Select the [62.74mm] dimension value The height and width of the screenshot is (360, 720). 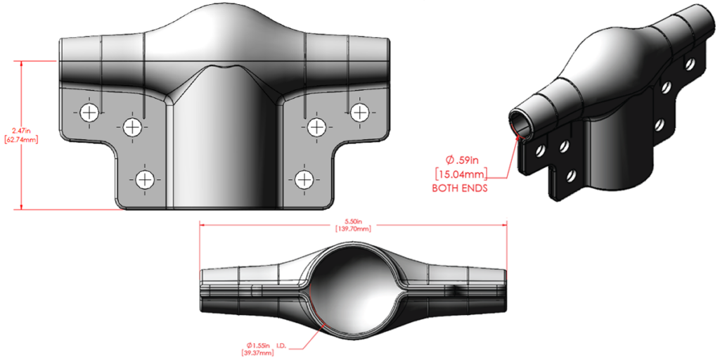point(20,140)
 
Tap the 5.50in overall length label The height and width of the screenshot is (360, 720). point(354,221)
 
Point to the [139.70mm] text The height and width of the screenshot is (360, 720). point(354,229)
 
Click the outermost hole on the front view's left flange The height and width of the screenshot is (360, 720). point(89,112)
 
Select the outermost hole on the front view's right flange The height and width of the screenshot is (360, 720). point(360,112)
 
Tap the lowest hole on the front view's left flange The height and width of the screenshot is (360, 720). point(145,179)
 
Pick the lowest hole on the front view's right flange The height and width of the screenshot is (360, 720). point(304,179)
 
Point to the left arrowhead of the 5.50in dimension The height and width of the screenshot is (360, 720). point(203,225)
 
